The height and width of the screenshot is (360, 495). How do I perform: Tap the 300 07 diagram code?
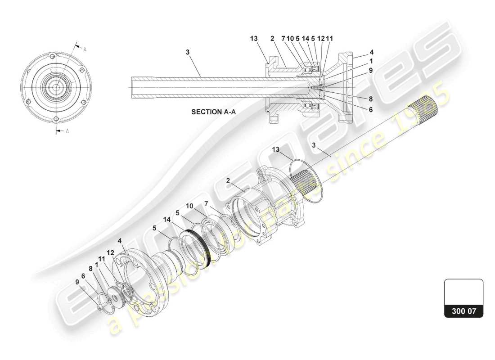tap(463, 310)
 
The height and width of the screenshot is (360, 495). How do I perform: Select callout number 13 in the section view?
tap(254, 39)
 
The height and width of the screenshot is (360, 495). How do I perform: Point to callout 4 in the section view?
tap(371, 52)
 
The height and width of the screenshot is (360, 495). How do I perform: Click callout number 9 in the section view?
tap(370, 70)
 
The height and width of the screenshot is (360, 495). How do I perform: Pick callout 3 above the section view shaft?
tap(188, 52)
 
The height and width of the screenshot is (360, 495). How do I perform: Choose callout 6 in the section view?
tap(370, 109)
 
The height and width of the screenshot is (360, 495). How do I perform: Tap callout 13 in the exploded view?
tap(275, 149)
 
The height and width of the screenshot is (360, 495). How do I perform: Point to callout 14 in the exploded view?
tap(167, 220)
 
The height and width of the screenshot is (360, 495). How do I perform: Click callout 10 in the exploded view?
tap(189, 206)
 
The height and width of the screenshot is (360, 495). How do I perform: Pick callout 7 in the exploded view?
tap(206, 204)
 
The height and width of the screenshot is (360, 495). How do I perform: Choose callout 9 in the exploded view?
tap(77, 282)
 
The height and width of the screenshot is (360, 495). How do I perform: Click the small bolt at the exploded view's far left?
tap(99, 308)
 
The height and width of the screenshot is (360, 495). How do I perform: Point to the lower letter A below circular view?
tap(67, 131)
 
